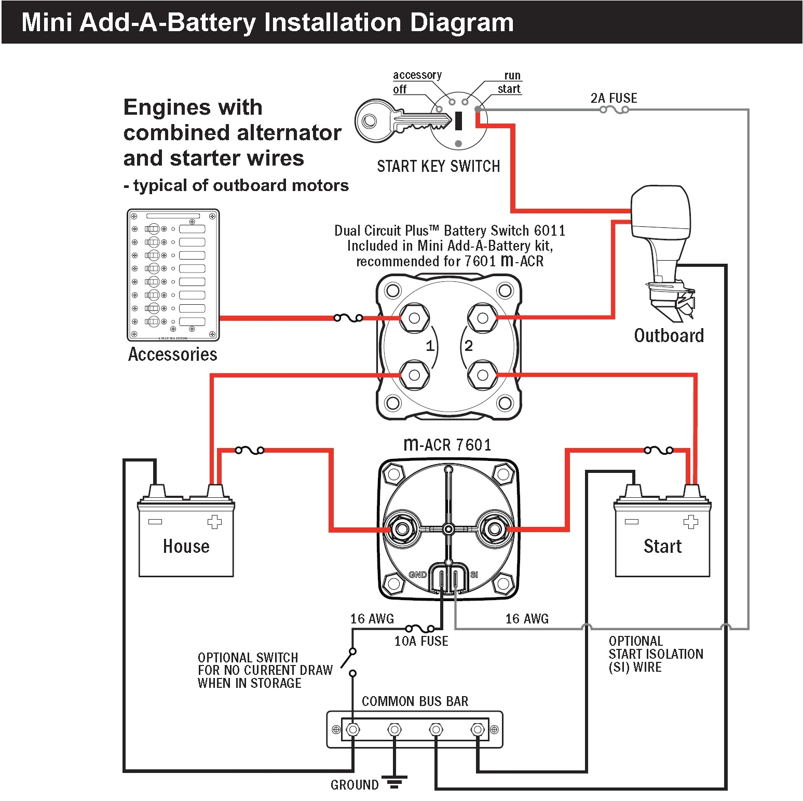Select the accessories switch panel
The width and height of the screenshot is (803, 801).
173,275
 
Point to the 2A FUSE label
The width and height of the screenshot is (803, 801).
614,98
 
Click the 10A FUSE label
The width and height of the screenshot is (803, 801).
421,641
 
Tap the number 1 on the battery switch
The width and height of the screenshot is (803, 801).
430,346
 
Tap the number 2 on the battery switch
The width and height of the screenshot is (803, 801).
468,346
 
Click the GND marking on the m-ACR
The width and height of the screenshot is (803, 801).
417,575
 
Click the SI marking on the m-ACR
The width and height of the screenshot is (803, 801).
474,575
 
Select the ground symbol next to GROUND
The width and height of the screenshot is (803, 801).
394,782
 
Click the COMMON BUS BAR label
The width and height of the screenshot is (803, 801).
415,701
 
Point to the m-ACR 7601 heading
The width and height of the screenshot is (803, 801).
447,444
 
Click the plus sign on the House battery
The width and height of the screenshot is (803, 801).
214,522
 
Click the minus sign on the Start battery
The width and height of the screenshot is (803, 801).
631,522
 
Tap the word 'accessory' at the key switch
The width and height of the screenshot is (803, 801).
417,75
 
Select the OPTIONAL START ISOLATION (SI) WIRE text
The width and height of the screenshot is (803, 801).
656,654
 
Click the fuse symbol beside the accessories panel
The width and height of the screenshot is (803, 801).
348,318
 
